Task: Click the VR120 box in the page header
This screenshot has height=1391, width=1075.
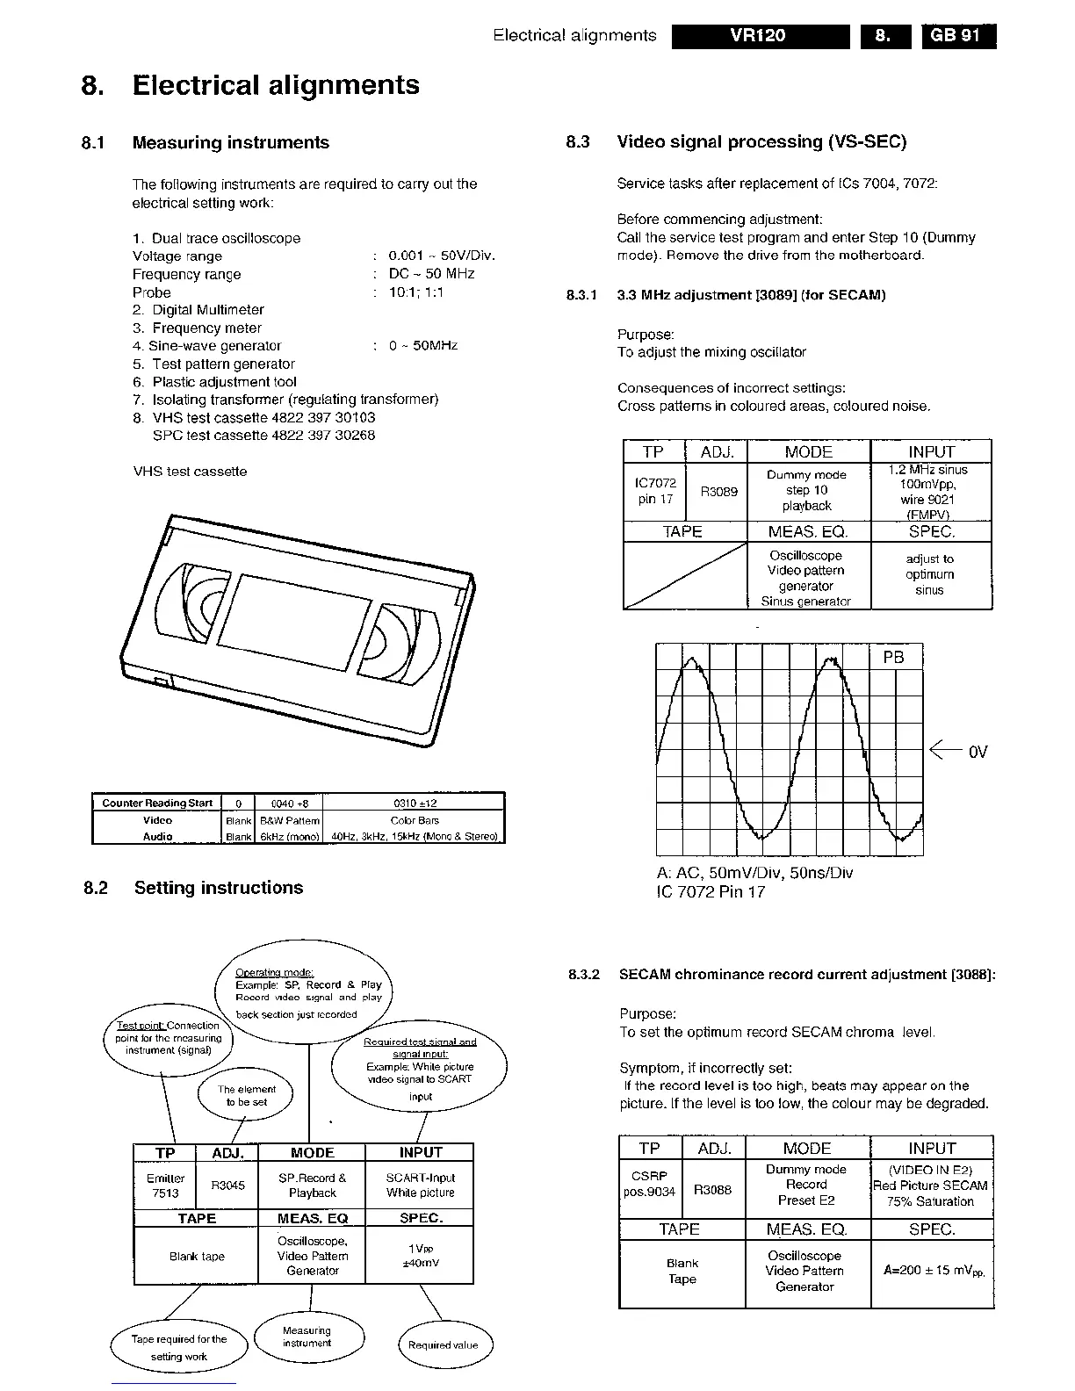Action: [x=760, y=36]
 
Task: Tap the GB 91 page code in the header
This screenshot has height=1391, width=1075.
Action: [x=958, y=36]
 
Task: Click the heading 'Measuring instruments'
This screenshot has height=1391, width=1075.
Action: [x=230, y=142]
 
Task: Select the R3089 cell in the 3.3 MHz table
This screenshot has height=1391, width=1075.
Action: [x=718, y=492]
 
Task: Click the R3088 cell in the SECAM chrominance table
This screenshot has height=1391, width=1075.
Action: [x=712, y=1191]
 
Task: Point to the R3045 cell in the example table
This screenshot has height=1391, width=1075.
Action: [x=228, y=1186]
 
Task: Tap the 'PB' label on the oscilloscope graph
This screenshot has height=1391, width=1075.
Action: [x=892, y=658]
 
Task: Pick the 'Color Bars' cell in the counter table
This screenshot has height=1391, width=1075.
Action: [x=415, y=820]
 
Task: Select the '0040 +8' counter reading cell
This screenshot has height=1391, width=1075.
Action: [x=289, y=804]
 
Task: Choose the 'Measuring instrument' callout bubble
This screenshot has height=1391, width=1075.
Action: [x=307, y=1337]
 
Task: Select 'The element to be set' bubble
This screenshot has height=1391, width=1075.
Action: [x=246, y=1095]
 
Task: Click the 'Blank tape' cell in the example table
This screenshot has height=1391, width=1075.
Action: [x=197, y=1257]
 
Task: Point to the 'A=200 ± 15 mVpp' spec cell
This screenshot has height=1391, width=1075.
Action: [x=933, y=1271]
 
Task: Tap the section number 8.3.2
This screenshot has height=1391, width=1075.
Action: [x=584, y=975]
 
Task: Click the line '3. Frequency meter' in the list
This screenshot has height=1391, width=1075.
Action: [x=198, y=328]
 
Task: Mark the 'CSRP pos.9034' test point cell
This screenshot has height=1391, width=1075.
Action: [x=650, y=1183]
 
